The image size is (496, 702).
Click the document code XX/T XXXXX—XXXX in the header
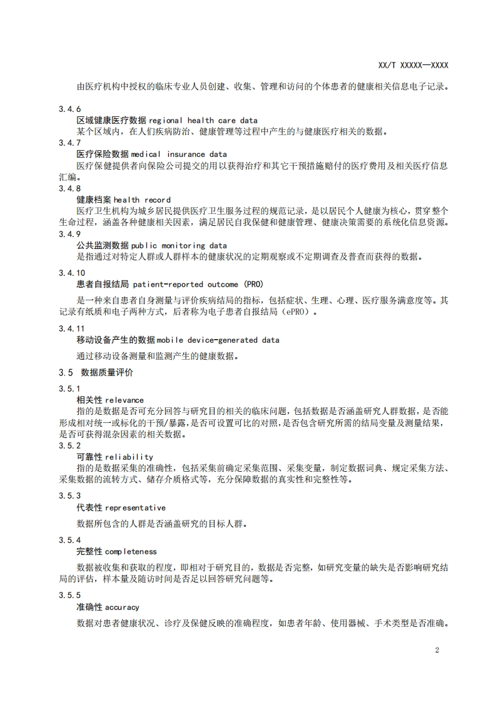(413, 65)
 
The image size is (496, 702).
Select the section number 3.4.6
(70, 109)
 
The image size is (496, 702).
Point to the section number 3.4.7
(70, 143)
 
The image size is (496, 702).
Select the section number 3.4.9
(70, 234)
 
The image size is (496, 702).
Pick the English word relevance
(124, 400)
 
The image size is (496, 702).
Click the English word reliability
(129, 457)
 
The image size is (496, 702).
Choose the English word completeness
(131, 551)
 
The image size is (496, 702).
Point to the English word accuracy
(122, 607)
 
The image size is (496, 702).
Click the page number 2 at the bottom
(437, 650)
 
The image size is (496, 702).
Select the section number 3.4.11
(72, 328)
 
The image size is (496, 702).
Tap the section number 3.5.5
(70, 596)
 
